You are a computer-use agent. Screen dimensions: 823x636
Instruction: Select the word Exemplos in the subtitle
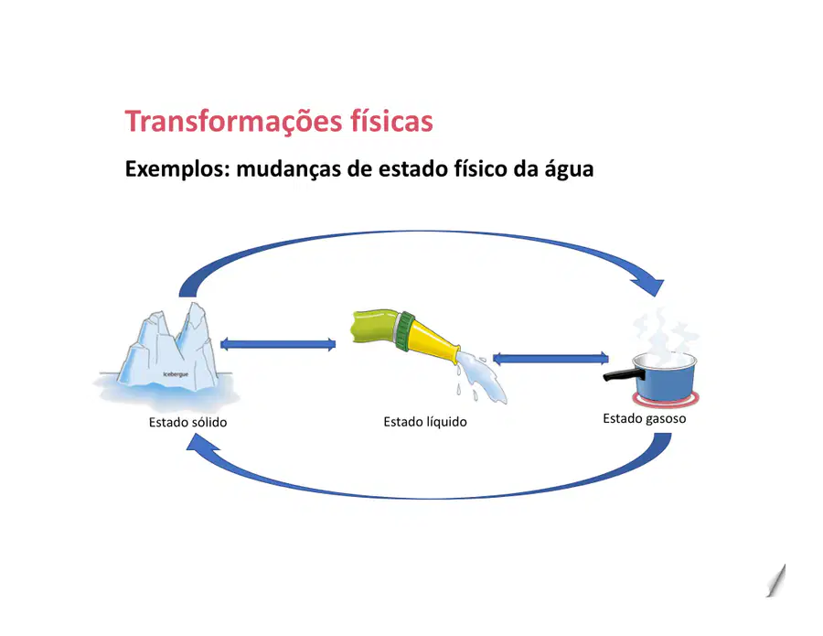pos(177,169)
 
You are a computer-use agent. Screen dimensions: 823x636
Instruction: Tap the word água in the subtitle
pos(569,169)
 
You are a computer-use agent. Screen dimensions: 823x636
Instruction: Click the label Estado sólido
pos(187,422)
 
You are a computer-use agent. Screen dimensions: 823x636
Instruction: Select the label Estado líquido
pos(425,422)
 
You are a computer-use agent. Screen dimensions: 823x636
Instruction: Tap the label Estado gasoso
pos(644,418)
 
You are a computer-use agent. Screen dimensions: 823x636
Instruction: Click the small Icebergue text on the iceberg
pos(176,374)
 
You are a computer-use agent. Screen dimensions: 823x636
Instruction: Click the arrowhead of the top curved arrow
pos(650,286)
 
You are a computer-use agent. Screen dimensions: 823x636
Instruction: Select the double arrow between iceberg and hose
pos(278,344)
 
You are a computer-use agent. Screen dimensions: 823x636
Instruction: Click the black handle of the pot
pos(624,375)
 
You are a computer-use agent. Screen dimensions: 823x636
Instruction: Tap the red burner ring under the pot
pos(666,401)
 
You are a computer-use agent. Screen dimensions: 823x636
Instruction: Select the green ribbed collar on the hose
pos(404,331)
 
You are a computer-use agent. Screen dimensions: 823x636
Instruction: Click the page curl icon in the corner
pos(776,581)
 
